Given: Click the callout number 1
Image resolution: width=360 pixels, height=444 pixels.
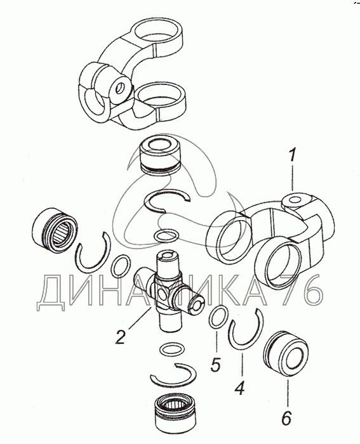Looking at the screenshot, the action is (x=292, y=157).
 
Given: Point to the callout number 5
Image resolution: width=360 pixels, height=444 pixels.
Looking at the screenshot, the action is (x=216, y=365).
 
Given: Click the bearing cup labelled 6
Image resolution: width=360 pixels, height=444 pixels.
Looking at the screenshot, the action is (x=286, y=353).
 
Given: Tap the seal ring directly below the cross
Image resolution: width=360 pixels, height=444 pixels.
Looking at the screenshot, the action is (x=172, y=349).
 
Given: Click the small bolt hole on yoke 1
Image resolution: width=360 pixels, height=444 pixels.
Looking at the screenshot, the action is (x=295, y=200).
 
